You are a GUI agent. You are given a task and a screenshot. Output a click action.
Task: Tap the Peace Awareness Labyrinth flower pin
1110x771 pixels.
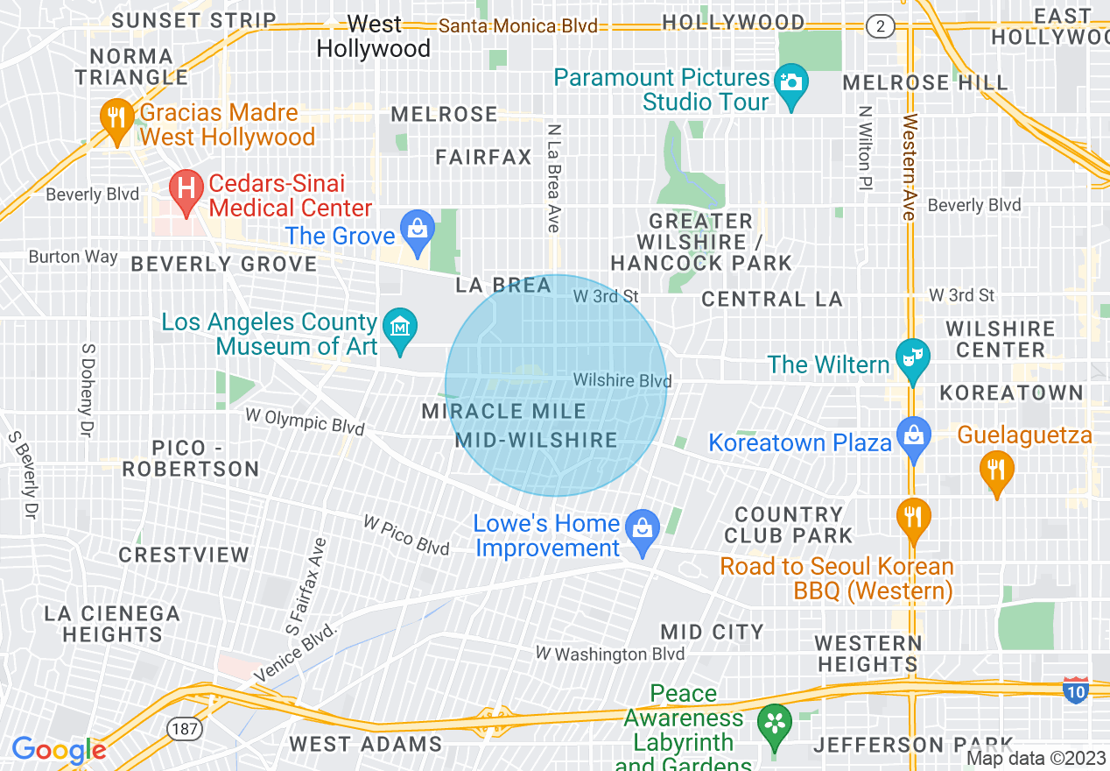coord(775,725)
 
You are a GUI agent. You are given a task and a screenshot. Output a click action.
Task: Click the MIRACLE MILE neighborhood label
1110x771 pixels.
coord(503,411)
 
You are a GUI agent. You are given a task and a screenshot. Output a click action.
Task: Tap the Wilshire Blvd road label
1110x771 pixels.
coord(622,380)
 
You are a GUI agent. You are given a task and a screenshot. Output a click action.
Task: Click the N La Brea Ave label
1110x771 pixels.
coord(553,178)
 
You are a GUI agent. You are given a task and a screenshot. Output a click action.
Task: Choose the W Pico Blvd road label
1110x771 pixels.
coord(406,535)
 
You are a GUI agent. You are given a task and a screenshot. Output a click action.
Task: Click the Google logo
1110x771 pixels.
coord(59,750)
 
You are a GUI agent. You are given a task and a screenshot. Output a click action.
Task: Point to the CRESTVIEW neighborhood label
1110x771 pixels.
coord(184,555)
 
